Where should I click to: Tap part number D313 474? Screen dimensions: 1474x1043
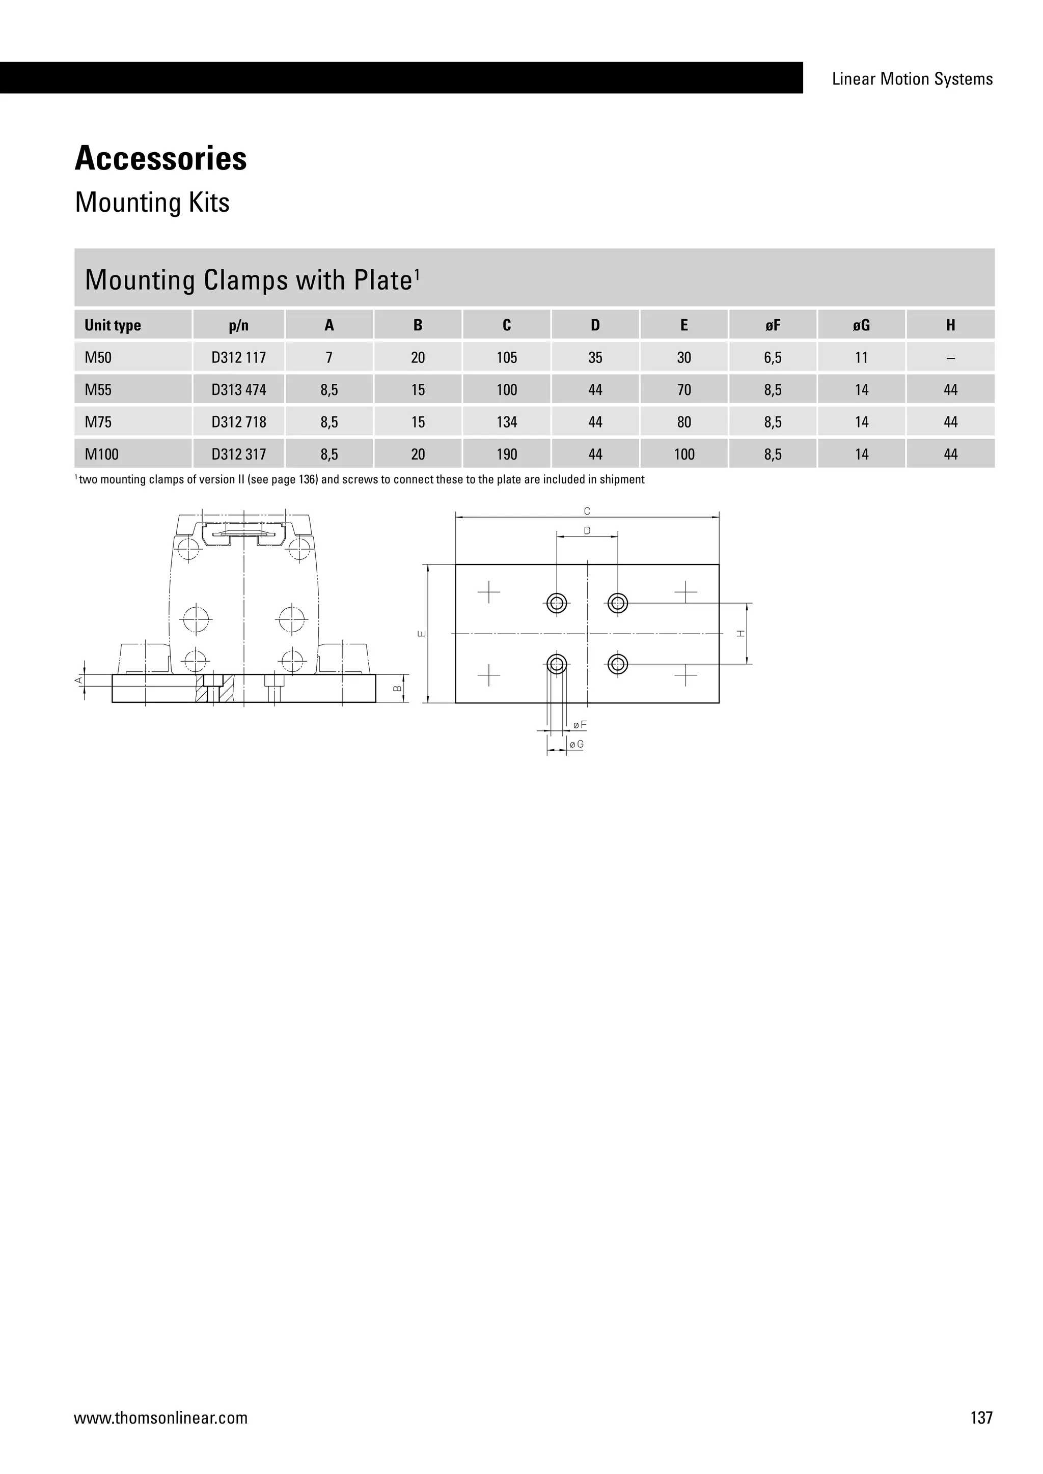click(238, 390)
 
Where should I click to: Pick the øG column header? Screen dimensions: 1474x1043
click(861, 325)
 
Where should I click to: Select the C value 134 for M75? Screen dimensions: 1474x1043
click(507, 422)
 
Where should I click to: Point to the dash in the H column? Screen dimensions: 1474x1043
click(950, 358)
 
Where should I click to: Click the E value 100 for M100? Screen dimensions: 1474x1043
click(684, 455)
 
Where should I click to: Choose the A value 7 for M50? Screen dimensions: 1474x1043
click(329, 358)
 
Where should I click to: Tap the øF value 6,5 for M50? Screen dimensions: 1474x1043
click(773, 358)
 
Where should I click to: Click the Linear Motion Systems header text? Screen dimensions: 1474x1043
click(912, 79)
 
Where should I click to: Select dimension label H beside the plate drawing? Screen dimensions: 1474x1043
click(741, 634)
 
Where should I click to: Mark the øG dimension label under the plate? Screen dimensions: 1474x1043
click(576, 744)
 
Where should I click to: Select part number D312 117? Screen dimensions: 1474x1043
click(238, 358)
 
